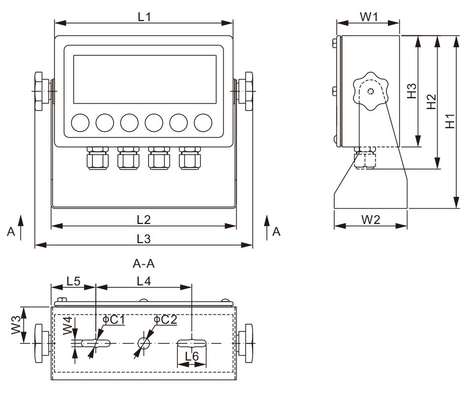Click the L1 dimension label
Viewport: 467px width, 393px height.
pyautogui.click(x=144, y=16)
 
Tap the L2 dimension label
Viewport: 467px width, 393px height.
pyautogui.click(x=144, y=219)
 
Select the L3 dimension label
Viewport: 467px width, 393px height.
pyautogui.click(x=144, y=239)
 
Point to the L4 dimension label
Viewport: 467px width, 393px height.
pyautogui.click(x=144, y=281)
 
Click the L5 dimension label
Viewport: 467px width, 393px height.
pyautogui.click(x=74, y=281)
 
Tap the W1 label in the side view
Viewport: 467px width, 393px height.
pyautogui.click(x=369, y=17)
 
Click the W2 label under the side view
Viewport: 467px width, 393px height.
pyautogui.click(x=371, y=220)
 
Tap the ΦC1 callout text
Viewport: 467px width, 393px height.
pyautogui.click(x=114, y=320)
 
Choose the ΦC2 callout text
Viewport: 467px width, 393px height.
pyautogui.click(x=165, y=320)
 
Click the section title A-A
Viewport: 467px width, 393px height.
pyautogui.click(x=144, y=264)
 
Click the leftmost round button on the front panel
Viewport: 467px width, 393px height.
pyautogui.click(x=80, y=122)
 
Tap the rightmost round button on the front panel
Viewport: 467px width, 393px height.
pyautogui.click(x=203, y=122)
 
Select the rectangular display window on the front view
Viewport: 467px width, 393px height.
pyautogui.click(x=145, y=79)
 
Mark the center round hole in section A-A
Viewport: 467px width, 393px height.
pyautogui.click(x=145, y=342)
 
